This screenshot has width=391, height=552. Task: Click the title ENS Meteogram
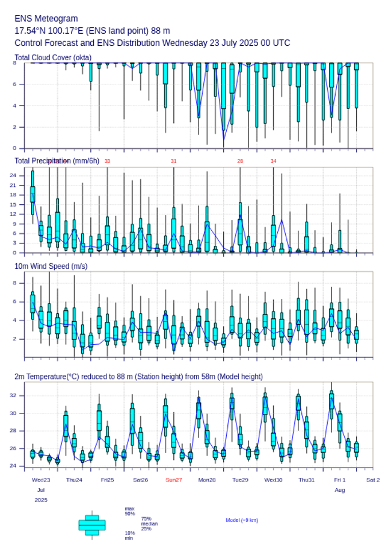(46, 19)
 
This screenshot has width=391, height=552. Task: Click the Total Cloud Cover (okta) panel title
(53, 58)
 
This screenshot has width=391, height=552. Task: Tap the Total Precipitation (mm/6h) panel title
(57, 160)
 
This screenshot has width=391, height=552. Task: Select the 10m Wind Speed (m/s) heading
(51, 266)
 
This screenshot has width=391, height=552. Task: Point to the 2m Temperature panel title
(138, 377)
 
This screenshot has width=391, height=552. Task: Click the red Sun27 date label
(174, 480)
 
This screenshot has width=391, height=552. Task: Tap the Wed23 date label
(41, 480)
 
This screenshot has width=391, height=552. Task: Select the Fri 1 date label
(340, 480)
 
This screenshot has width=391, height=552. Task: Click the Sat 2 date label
(373, 480)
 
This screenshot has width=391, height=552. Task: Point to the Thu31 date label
(307, 480)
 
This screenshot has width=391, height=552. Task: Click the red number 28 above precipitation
(240, 161)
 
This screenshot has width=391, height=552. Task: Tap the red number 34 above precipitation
(273, 161)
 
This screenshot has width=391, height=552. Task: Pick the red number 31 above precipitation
(174, 161)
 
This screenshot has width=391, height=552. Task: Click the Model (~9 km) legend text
(242, 520)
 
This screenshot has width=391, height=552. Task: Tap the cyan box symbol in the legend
(92, 525)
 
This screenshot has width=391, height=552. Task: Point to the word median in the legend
(149, 524)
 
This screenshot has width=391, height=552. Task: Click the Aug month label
(340, 490)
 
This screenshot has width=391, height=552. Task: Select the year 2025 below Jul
(41, 500)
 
